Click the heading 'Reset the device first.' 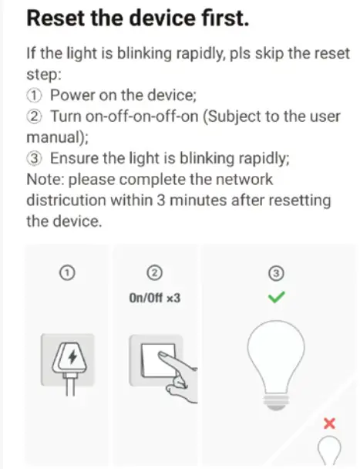pyautogui.click(x=137, y=20)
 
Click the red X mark pyautogui.click(x=330, y=423)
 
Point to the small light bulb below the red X pyautogui.click(x=330, y=451)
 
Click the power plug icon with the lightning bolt pyautogui.click(x=68, y=359)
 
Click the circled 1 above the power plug pyautogui.click(x=68, y=272)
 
